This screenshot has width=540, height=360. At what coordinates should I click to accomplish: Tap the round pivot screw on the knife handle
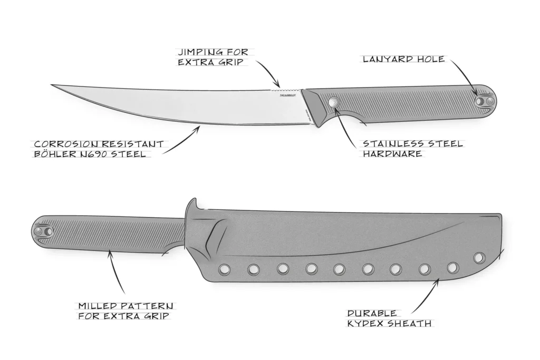tap(334, 102)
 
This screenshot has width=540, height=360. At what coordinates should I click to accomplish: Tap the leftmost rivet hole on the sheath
tap(225, 269)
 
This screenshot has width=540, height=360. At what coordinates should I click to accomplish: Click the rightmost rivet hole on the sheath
tap(479, 258)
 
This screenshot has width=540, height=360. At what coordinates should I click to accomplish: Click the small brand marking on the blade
tap(287, 95)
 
